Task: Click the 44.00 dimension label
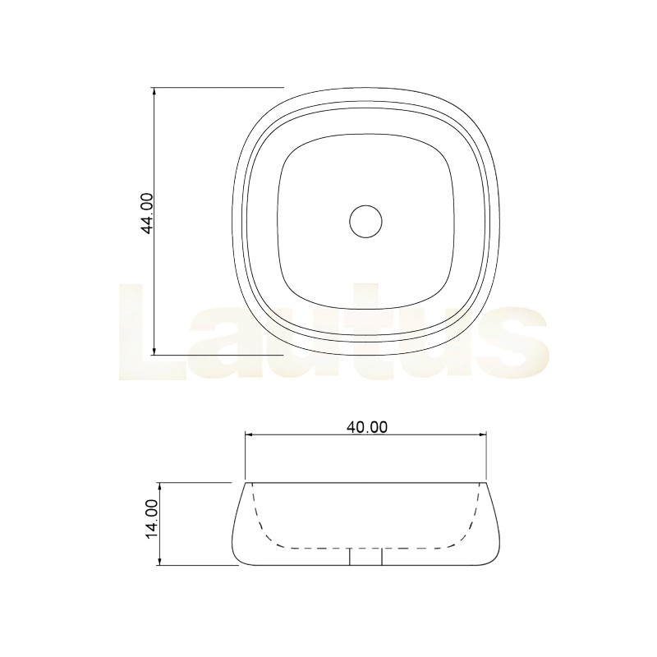(x=148, y=213)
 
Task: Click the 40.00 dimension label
(x=367, y=427)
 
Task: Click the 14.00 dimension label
(x=151, y=520)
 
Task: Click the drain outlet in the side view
(x=365, y=557)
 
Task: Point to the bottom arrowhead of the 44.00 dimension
(x=154, y=351)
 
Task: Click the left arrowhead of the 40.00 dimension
(x=249, y=435)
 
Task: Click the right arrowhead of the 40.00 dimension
(x=482, y=435)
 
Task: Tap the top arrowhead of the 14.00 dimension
(x=159, y=487)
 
